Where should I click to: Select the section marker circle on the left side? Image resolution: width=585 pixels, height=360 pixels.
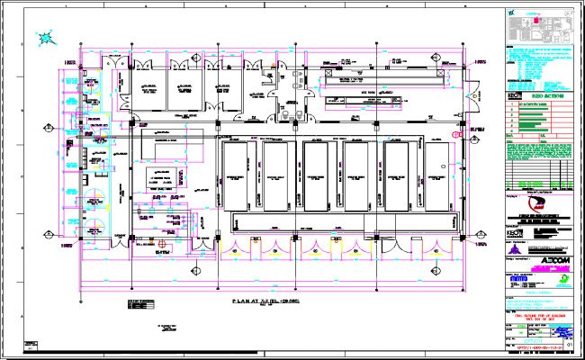pos(46,232)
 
